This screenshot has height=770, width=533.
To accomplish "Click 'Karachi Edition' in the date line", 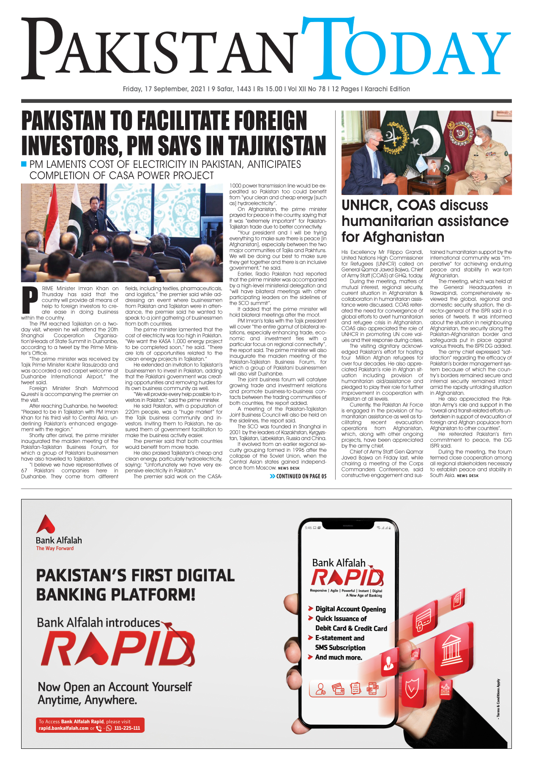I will click(x=387, y=89).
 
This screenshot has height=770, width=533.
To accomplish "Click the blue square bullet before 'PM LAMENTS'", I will click(x=24, y=164).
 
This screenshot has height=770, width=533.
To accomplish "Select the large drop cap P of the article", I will click(x=30, y=301).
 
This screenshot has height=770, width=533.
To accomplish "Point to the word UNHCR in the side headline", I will click(x=366, y=205).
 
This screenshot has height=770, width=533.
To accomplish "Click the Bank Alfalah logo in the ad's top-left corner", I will click(x=46, y=524).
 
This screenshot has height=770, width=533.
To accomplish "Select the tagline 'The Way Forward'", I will click(x=55, y=548).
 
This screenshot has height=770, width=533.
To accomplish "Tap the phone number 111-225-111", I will click(x=127, y=728).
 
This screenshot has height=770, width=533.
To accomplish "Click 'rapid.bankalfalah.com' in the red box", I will click(x=63, y=728).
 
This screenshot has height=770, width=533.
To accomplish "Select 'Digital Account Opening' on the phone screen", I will click(x=350, y=609).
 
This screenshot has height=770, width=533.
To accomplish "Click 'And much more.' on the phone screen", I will click(x=338, y=657).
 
